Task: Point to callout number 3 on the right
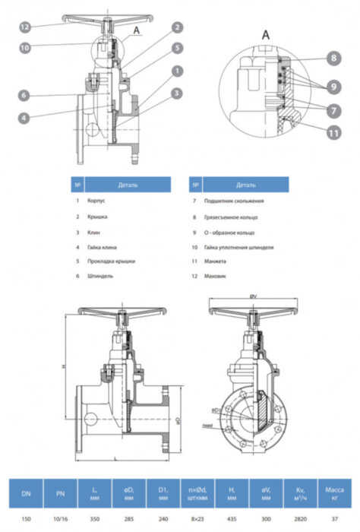click(176, 93)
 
